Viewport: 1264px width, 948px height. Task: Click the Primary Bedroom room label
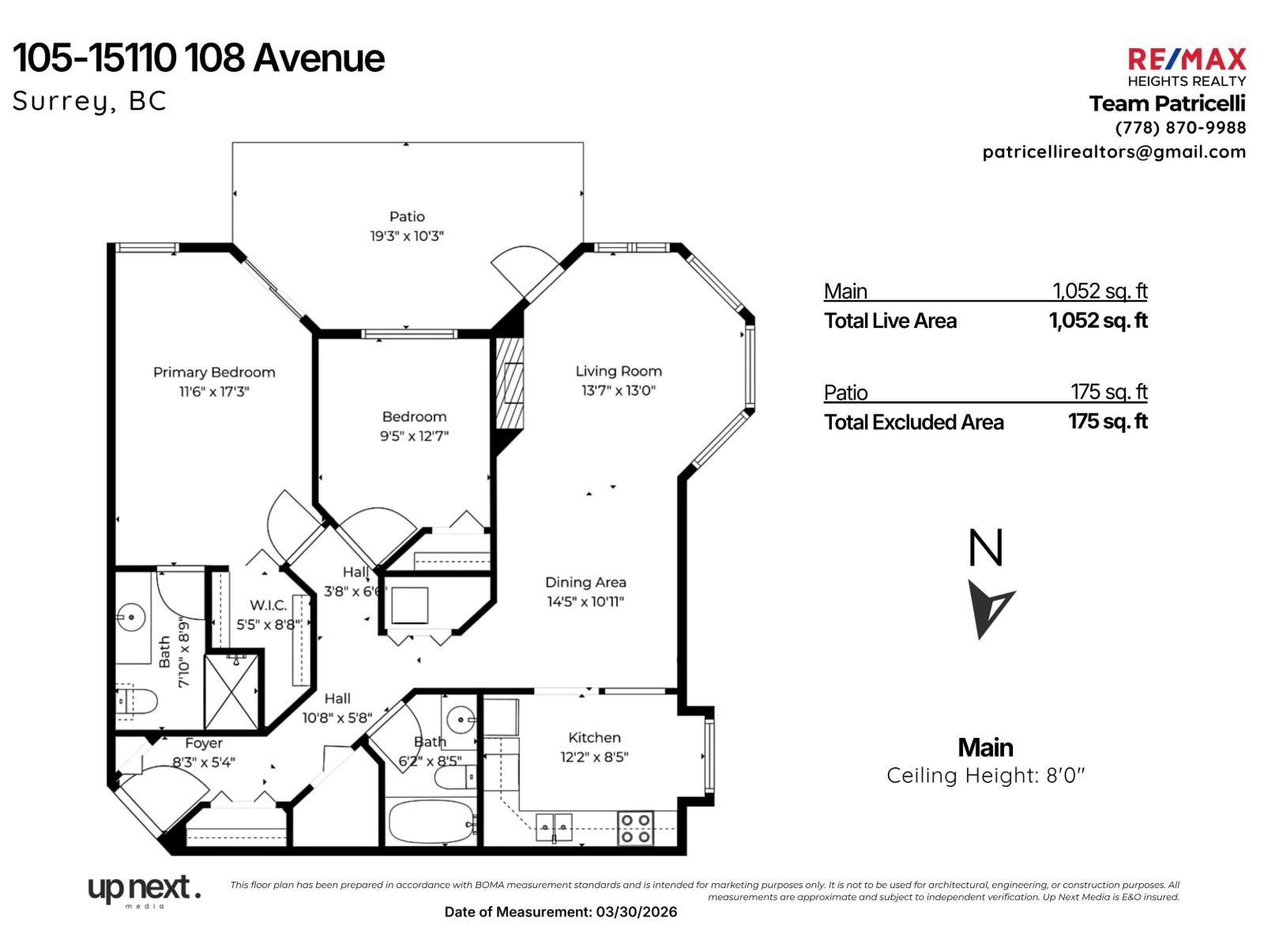tap(214, 372)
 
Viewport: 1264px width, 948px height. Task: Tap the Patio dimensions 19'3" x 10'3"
tap(407, 235)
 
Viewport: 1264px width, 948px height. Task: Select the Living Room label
tap(619, 371)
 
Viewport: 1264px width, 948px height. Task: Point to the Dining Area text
tap(585, 582)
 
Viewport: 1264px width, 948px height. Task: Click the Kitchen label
tap(594, 737)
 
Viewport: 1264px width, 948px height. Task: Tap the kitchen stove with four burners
tap(635, 829)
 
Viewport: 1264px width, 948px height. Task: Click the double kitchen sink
tap(554, 827)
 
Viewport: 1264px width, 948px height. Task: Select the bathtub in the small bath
tap(431, 822)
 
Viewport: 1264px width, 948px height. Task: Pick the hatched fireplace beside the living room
tap(509, 383)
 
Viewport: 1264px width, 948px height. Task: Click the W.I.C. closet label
tap(268, 605)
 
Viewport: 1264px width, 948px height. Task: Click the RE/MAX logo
tap(1186, 59)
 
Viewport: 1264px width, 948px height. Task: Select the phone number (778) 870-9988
tap(1180, 128)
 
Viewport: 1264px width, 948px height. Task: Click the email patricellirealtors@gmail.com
tap(1114, 152)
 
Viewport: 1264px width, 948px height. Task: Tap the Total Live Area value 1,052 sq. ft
tap(1097, 321)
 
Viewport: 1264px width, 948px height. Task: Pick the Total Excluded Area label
tap(913, 423)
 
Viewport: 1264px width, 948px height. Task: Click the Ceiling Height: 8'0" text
tap(985, 775)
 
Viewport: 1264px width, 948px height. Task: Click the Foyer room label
tap(203, 743)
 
